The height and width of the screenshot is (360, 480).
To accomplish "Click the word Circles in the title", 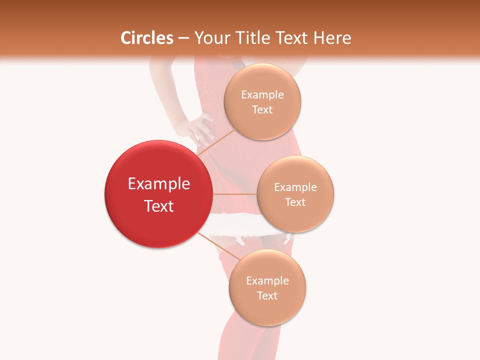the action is pos(147,38).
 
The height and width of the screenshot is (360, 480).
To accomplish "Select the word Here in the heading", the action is pos(332,38).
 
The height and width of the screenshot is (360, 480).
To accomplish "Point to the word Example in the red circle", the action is pos(159,184).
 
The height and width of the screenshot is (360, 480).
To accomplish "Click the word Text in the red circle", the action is pos(159,206).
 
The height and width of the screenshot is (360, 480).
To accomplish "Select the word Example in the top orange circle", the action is pos(262,95).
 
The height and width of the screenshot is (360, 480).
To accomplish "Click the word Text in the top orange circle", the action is pos(262,110).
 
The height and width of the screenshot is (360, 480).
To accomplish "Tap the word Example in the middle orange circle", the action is pos(295,187).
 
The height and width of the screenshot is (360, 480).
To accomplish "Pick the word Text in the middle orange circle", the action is pos(295,202).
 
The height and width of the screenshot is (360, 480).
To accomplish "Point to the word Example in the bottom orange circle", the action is pos(267,281).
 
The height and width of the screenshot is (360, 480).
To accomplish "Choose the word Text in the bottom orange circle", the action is pos(267,296).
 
